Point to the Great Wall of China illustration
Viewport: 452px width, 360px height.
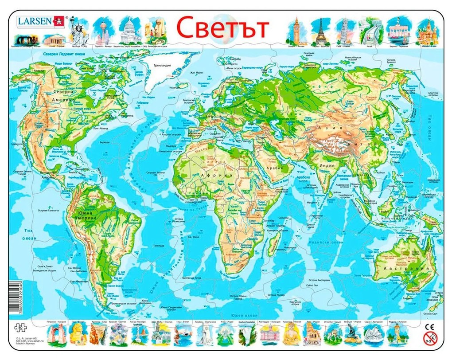point(371,31)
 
